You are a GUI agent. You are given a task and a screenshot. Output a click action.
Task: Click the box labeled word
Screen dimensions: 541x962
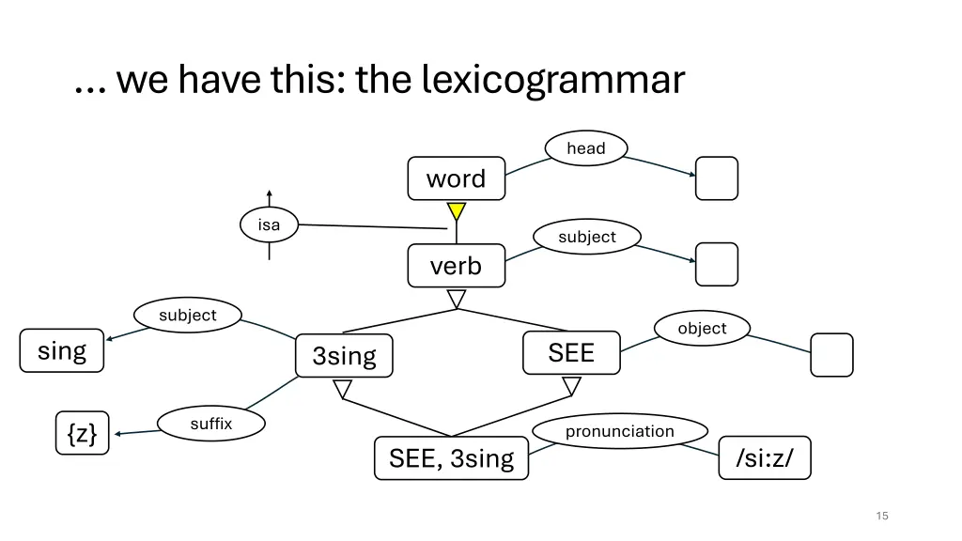(x=456, y=178)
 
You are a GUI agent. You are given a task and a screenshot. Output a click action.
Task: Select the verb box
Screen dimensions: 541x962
(x=456, y=266)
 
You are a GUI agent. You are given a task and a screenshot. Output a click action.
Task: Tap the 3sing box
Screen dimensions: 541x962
(x=344, y=356)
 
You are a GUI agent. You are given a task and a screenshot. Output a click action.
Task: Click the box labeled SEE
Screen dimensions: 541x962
(x=571, y=352)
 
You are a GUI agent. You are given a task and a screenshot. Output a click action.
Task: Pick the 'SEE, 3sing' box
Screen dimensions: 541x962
(x=451, y=458)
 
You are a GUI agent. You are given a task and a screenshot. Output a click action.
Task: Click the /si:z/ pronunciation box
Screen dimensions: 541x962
(x=764, y=458)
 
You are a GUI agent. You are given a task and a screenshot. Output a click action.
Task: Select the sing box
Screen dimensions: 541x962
(x=62, y=350)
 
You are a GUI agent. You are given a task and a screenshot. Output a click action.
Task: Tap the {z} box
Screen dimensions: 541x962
(x=82, y=433)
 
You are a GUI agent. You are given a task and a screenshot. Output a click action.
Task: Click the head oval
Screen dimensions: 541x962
(x=586, y=148)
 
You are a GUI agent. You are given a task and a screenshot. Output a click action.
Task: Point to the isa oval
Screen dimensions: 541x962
(x=269, y=224)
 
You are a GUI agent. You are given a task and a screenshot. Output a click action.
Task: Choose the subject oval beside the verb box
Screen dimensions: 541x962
(x=587, y=237)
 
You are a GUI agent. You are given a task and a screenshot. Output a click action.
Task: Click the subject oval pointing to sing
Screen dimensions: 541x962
(x=188, y=315)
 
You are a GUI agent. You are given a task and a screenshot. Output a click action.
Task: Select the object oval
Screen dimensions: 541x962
(x=702, y=328)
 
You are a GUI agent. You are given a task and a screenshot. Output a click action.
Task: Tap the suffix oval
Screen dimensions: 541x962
(x=210, y=424)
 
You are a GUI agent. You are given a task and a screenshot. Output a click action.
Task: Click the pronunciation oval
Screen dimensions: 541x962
(x=619, y=431)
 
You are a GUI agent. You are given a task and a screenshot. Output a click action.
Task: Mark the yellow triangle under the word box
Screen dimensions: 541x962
(x=457, y=211)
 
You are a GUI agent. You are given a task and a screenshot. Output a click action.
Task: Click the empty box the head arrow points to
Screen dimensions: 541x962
(x=716, y=178)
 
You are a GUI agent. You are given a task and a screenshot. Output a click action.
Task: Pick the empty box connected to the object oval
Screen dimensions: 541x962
(x=831, y=355)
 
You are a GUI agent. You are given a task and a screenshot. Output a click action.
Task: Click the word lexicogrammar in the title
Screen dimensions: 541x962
(x=553, y=80)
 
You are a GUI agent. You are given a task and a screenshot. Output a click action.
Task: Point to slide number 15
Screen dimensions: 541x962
(x=881, y=516)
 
